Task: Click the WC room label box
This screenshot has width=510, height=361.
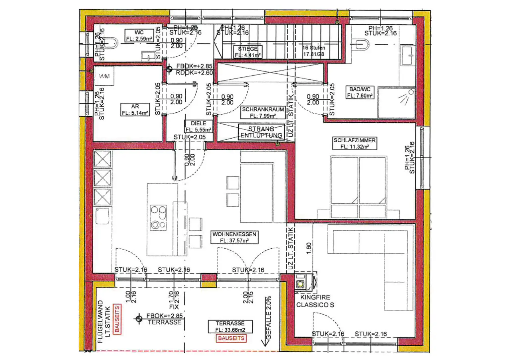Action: [139, 36]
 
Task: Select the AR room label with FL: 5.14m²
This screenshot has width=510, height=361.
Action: [135, 110]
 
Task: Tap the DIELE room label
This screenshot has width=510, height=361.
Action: [198, 127]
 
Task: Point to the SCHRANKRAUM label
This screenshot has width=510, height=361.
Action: [263, 112]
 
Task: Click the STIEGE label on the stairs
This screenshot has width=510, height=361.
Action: [248, 52]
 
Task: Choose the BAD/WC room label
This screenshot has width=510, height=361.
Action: [360, 92]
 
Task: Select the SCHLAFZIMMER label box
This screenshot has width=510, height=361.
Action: [355, 143]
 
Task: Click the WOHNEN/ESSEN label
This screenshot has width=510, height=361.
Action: [234, 237]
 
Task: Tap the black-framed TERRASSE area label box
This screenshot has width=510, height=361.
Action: [230, 326]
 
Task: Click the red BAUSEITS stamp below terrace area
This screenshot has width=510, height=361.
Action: [231, 338]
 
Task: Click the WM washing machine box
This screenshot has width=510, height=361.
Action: [104, 76]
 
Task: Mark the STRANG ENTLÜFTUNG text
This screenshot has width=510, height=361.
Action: [261, 132]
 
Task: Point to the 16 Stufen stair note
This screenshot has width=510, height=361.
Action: [313, 51]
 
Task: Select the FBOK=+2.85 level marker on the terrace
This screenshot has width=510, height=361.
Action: [139, 319]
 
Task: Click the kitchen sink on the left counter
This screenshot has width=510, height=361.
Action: [102, 216]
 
